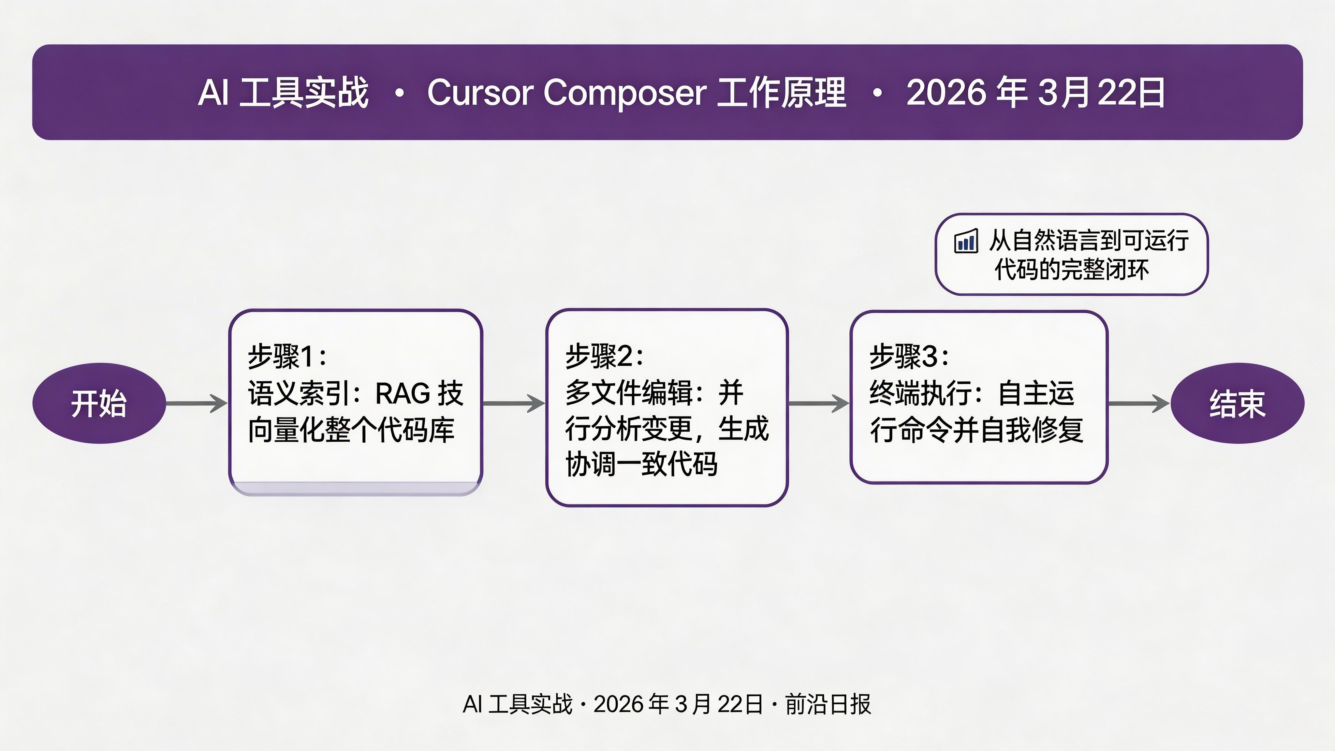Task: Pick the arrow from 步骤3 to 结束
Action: [x=1138, y=403]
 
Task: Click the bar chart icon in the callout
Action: [x=966, y=241]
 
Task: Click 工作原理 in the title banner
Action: [x=782, y=93]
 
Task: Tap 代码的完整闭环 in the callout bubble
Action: [x=1072, y=270]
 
